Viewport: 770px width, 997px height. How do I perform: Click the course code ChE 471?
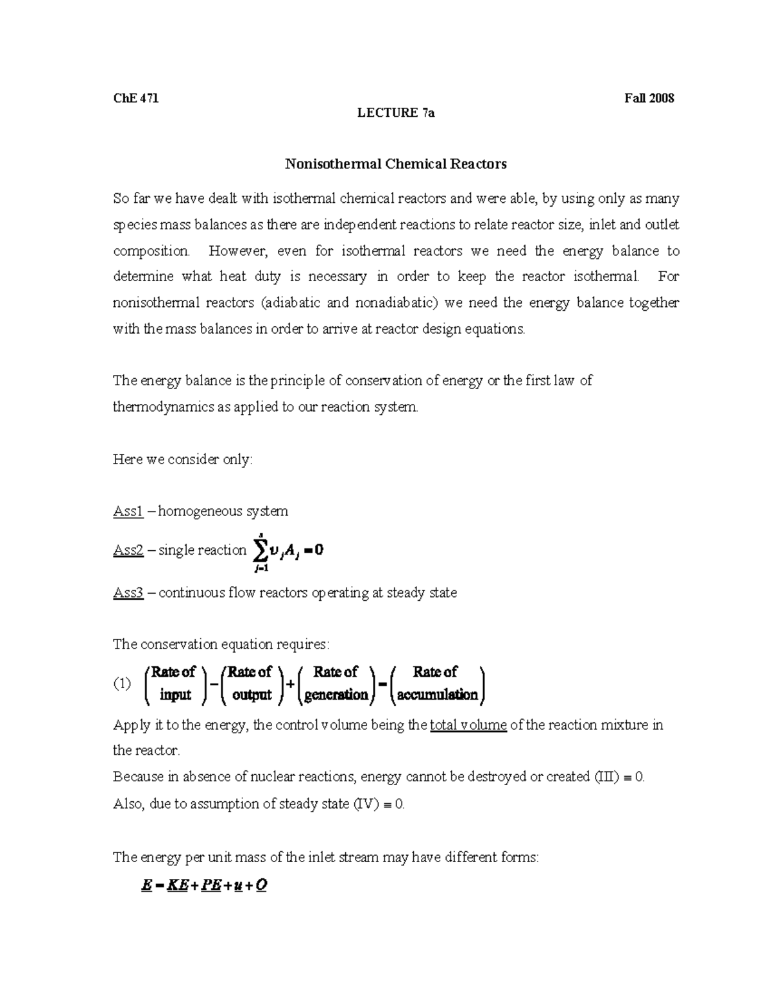[x=135, y=98]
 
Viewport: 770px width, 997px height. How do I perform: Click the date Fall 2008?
[x=649, y=98]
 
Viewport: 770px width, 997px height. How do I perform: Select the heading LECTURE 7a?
[x=396, y=113]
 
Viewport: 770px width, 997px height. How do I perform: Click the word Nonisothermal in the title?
[x=333, y=164]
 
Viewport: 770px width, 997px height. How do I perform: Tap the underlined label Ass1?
[x=128, y=511]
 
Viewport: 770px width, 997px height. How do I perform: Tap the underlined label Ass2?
[x=128, y=550]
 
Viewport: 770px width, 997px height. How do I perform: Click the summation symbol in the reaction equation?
[x=260, y=551]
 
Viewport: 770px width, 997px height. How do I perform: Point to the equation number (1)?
[x=122, y=684]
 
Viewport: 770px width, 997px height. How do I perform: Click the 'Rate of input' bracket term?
[x=175, y=683]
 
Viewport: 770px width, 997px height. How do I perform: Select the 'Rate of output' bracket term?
[x=251, y=683]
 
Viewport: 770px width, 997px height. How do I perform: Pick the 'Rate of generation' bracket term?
[x=336, y=683]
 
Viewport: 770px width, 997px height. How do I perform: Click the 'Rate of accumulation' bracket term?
[x=437, y=683]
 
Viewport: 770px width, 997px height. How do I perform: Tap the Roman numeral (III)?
[x=606, y=776]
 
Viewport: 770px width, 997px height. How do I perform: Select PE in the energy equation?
[x=210, y=885]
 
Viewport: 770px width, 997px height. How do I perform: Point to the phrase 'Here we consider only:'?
[x=183, y=459]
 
